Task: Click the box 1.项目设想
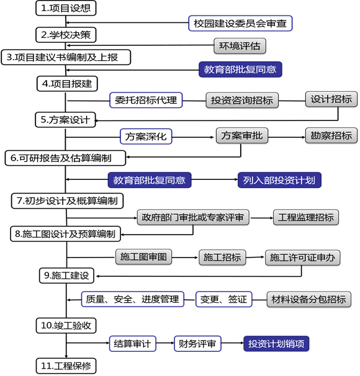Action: [66, 8]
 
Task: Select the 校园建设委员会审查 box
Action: [240, 23]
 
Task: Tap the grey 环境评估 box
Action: [240, 46]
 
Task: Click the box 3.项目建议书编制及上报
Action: [66, 57]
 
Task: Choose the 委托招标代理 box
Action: [146, 100]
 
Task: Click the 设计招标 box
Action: [331, 99]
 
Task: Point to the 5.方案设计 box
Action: [65, 120]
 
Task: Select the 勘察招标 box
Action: [331, 135]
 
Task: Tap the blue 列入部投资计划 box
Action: [279, 180]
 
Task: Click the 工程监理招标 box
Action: [306, 217]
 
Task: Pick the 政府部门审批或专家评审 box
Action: [193, 217]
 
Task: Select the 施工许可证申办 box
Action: [303, 257]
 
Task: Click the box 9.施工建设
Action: [66, 275]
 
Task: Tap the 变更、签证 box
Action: [224, 299]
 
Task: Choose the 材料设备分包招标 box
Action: [309, 299]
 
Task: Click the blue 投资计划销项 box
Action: [276, 344]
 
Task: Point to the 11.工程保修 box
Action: [66, 366]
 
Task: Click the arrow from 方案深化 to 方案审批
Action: [193, 137]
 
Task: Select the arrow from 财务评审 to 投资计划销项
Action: [232, 343]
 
